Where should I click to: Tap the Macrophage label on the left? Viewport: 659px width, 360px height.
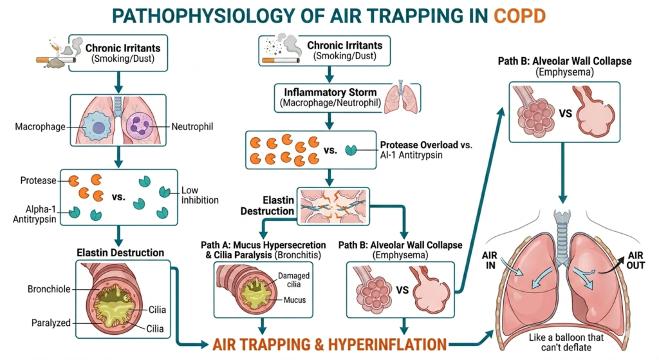[x=40, y=126]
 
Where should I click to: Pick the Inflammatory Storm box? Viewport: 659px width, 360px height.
[x=329, y=97]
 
